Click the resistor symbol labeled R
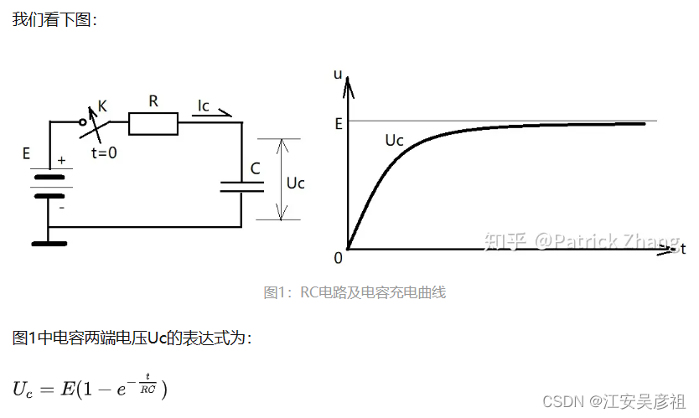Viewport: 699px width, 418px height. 153,125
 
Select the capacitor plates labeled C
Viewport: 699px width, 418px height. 241,185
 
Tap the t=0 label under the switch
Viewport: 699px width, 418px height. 104,153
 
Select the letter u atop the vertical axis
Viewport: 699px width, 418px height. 339,74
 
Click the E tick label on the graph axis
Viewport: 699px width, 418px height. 339,123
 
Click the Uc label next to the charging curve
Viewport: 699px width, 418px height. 394,140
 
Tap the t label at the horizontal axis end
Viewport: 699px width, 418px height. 683,249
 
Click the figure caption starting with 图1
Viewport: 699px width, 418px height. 355,292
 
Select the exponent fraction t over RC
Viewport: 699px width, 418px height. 148,383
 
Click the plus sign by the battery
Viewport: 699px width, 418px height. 61,159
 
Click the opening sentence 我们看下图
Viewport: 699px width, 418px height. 54,18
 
